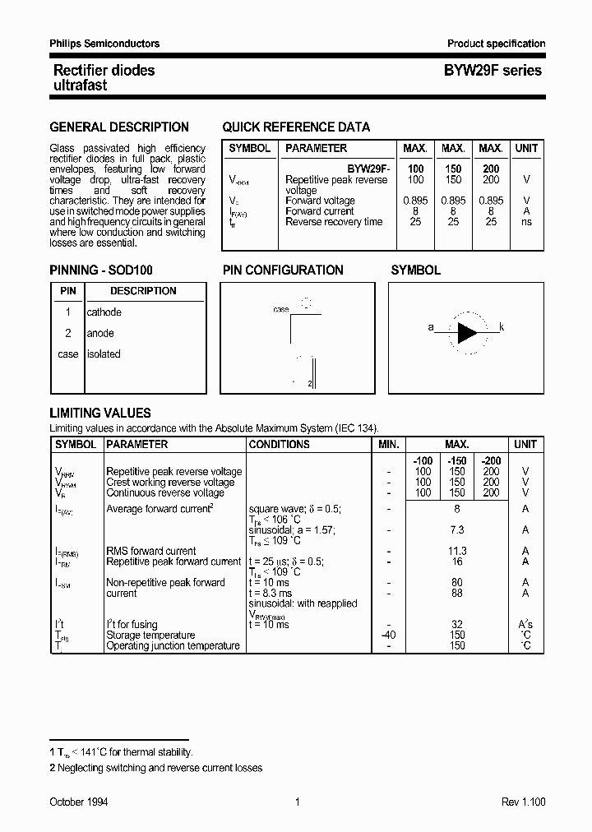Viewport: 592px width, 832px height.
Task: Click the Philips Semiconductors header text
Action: pos(104,44)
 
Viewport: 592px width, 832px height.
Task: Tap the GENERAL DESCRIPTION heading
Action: pos(119,127)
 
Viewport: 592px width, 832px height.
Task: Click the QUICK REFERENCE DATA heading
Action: pos(296,127)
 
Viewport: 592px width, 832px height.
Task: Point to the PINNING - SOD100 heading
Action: pos(101,270)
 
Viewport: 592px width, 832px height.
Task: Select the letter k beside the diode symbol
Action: pos(502,327)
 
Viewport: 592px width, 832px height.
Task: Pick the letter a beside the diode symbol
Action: pos(431,327)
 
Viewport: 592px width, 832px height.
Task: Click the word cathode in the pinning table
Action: pos(104,312)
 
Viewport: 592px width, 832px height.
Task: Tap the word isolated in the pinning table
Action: pos(104,354)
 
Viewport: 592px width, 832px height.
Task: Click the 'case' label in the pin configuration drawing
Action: pos(281,310)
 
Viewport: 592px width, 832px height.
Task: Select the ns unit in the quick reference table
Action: pos(526,222)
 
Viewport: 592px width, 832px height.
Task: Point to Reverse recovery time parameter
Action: pos(334,222)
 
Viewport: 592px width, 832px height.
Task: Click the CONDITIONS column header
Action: pos(280,445)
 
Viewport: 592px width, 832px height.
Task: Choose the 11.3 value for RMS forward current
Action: pos(457,551)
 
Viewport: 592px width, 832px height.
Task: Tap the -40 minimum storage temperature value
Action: pos(389,635)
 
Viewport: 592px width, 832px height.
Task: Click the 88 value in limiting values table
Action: pos(457,593)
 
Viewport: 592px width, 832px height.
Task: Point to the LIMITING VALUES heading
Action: pos(100,414)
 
